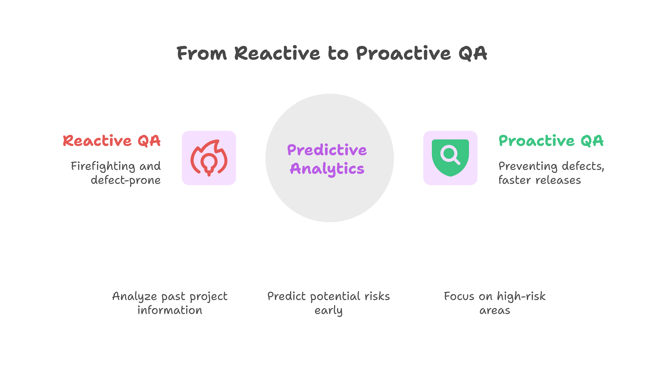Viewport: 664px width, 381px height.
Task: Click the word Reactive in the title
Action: (x=277, y=53)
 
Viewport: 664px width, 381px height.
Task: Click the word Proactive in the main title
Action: (x=403, y=53)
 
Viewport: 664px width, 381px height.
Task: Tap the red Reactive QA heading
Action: (x=112, y=141)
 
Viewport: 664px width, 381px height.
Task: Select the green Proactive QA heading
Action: (x=551, y=141)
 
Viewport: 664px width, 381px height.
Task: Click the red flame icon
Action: (x=209, y=158)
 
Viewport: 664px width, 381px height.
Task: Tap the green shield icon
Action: (x=450, y=158)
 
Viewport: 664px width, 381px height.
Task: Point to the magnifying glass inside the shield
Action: (x=450, y=154)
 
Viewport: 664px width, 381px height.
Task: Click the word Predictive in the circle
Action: (x=327, y=150)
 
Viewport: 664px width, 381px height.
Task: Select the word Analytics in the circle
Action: (x=327, y=169)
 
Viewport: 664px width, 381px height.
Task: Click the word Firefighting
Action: (x=103, y=166)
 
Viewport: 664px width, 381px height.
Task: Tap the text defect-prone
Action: (x=126, y=180)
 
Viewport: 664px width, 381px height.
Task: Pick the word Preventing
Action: (x=528, y=166)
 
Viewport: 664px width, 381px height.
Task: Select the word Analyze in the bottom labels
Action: (x=134, y=297)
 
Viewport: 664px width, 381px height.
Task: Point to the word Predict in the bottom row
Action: (x=286, y=297)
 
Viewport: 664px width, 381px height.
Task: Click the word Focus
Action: (x=459, y=297)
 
